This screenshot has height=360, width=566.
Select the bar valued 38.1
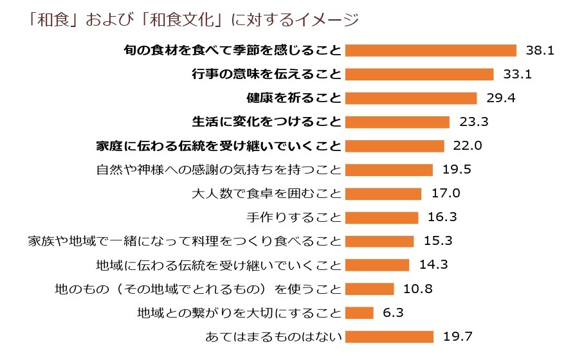tap(431, 50)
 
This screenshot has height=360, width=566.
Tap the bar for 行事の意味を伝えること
tap(419, 74)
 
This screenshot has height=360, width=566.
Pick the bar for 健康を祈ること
tap(411, 98)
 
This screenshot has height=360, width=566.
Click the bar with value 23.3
tap(397, 122)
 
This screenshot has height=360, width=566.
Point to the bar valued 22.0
tap(394, 145)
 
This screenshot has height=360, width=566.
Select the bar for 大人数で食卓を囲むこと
tap(383, 194)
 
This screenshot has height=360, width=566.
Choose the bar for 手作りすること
tap(381, 217)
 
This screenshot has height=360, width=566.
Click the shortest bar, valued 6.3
tap(360, 312)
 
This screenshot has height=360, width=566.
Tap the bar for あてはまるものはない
tap(389, 336)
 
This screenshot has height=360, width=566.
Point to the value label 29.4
tap(500, 98)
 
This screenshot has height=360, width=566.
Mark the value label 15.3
tap(438, 241)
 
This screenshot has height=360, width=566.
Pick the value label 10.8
tap(418, 289)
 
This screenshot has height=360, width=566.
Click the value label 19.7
tap(458, 336)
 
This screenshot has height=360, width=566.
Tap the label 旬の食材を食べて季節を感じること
tap(232, 50)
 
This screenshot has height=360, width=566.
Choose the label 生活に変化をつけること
tap(266, 122)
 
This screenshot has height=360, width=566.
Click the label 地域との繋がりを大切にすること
tap(239, 312)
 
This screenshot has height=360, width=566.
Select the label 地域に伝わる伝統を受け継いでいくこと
tap(218, 265)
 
